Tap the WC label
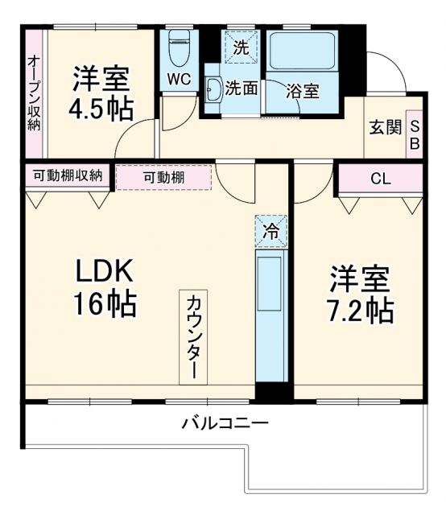pyautogui.click(x=179, y=80)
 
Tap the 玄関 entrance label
pyautogui.click(x=386, y=127)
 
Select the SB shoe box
pyautogui.click(x=415, y=134)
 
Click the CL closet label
pyautogui.click(x=381, y=179)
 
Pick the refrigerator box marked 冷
pyautogui.click(x=271, y=232)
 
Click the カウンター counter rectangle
pyautogui.click(x=193, y=337)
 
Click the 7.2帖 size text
pyautogui.click(x=360, y=309)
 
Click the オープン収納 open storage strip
pyautogui.click(x=35, y=93)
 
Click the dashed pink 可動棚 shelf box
pyautogui.click(x=163, y=177)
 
